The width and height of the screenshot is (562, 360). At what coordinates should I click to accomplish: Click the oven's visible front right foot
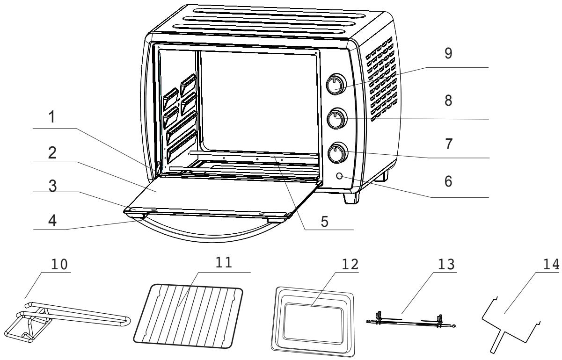click(x=350, y=198)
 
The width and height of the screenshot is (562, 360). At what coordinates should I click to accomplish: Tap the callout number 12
click(x=350, y=265)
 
